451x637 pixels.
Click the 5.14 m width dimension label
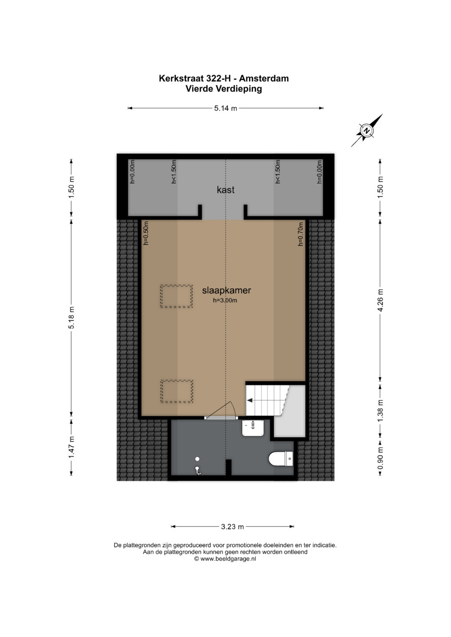[x=225, y=108]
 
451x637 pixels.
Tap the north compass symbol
[x=367, y=131]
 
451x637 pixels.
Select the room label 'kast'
[x=225, y=190]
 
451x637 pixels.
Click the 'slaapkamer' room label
[x=226, y=290]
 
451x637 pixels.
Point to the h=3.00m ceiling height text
[x=225, y=300]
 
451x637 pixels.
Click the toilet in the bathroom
[x=281, y=459]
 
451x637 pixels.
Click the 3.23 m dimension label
[x=232, y=527]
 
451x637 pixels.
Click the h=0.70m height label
[x=301, y=234]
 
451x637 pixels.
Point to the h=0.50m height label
[x=146, y=233]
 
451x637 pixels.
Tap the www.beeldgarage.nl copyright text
[x=225, y=559]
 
